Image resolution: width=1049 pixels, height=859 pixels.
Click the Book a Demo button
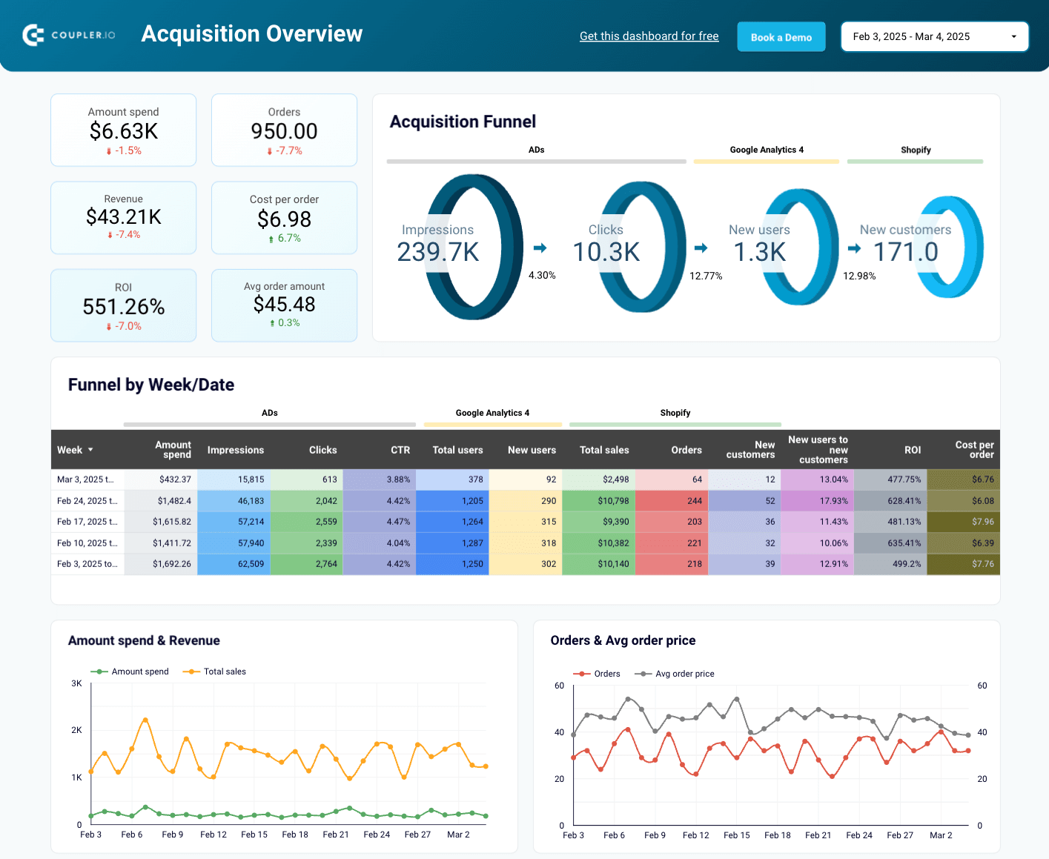pos(781,37)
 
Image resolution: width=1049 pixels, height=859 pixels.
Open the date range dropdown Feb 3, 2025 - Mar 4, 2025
pos(934,36)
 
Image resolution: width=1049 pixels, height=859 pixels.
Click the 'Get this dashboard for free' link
pos(649,36)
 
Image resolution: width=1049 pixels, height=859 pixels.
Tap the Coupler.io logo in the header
pos(69,35)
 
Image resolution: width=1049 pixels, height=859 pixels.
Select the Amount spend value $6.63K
pos(124,131)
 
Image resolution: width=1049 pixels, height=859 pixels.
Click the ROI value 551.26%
pos(124,307)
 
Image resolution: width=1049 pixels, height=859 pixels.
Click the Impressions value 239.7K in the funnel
pos(438,252)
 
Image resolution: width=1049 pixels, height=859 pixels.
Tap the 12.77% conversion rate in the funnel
pos(706,276)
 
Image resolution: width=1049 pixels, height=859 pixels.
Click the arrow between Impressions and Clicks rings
pos(540,248)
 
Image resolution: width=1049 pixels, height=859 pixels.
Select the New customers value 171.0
pos(905,252)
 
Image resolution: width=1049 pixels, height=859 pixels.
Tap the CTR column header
pos(400,450)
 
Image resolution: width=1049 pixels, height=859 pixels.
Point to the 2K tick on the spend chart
pos(76,730)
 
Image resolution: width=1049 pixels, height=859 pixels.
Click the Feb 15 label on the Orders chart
pos(736,835)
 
